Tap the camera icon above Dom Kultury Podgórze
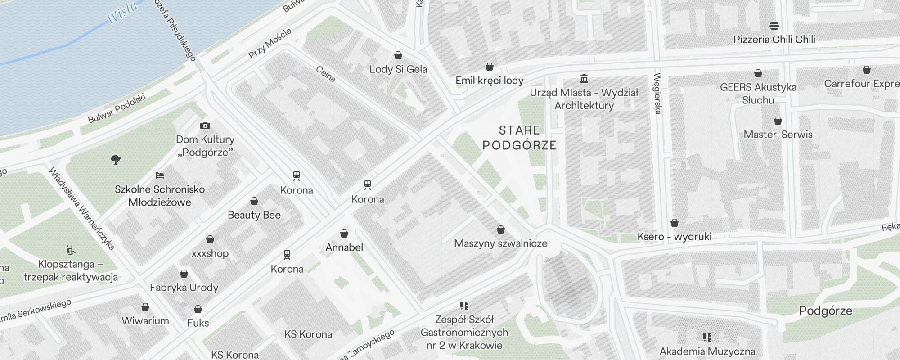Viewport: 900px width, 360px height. [x=205, y=126]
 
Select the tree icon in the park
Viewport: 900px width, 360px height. [x=116, y=159]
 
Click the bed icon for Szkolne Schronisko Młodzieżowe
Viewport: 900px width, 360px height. [x=160, y=175]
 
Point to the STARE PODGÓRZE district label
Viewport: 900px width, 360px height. [x=519, y=138]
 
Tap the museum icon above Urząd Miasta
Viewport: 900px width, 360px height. [x=584, y=79]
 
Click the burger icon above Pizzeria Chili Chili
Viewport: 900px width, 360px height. [x=774, y=25]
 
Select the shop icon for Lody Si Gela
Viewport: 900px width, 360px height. [x=398, y=55]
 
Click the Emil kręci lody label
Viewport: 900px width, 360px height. [x=490, y=81]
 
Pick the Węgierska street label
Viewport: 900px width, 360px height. [x=657, y=94]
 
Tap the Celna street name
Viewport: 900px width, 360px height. [x=325, y=74]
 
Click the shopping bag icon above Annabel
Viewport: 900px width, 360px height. [x=344, y=234]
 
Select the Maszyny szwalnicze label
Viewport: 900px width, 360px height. [x=501, y=243]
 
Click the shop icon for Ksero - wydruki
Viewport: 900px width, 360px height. [x=675, y=223]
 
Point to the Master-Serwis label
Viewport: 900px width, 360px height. [x=778, y=134]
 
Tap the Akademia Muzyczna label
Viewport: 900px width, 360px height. [x=707, y=351]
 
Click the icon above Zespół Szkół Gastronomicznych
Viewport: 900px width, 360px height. [x=464, y=306]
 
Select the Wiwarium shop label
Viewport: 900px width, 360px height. [x=145, y=321]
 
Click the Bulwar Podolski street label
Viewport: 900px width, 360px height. [x=117, y=108]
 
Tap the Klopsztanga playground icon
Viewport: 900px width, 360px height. [x=71, y=250]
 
